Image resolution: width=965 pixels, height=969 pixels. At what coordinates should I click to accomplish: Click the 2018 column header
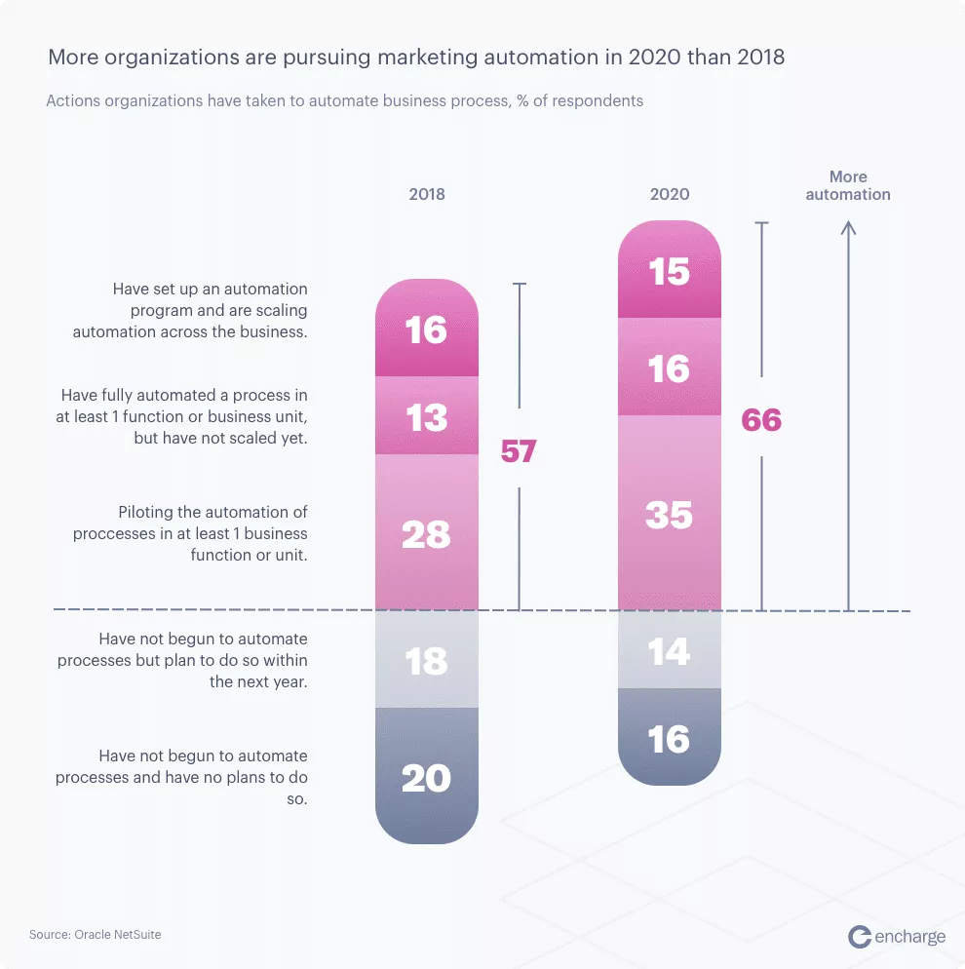point(427,194)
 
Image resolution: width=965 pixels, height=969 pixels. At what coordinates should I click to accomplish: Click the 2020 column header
point(670,194)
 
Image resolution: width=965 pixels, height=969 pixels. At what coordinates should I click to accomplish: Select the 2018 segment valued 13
point(427,417)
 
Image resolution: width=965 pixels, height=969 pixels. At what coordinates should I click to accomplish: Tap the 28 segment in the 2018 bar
point(427,534)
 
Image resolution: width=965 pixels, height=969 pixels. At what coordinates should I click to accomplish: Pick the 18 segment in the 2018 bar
point(427,660)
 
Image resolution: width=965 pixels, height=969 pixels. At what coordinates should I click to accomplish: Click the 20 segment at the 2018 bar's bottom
point(427,777)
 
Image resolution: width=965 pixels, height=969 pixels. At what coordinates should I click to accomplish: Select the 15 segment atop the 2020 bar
point(670,271)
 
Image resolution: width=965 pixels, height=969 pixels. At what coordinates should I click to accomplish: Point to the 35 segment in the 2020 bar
point(670,515)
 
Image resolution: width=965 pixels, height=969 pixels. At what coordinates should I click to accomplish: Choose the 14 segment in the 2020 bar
point(670,650)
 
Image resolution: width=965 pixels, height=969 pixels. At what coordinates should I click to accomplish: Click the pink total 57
point(519,451)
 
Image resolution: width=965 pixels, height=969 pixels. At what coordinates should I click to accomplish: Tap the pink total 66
point(761,420)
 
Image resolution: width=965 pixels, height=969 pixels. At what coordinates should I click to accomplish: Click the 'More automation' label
point(848,185)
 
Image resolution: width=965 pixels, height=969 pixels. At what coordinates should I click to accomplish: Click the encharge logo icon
point(860,937)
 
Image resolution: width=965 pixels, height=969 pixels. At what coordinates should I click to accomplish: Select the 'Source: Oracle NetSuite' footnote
point(96,935)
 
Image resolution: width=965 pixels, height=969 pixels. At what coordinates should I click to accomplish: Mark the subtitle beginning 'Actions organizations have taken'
point(345,100)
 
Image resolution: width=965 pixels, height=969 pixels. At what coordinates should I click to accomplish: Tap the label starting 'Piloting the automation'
point(190,533)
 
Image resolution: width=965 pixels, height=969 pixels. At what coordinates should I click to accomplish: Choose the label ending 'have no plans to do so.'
point(181,777)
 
